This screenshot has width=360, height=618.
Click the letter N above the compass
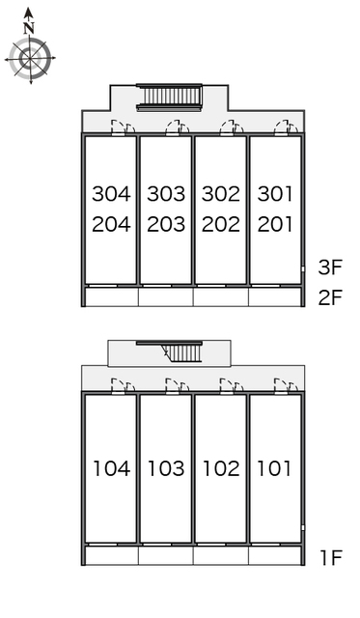click(x=28, y=28)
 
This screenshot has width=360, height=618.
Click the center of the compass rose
click(x=30, y=59)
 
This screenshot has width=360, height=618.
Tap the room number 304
click(x=111, y=194)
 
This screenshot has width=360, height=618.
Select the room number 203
click(x=166, y=224)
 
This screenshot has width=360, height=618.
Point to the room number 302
click(x=221, y=194)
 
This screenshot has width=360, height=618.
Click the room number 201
click(x=275, y=224)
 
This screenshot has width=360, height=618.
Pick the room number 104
click(x=111, y=468)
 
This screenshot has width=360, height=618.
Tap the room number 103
click(x=166, y=468)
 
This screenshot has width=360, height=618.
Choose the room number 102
click(x=221, y=468)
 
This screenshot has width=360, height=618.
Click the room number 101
click(x=274, y=468)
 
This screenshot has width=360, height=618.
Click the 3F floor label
click(x=330, y=267)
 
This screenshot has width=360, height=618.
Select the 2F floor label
click(x=330, y=297)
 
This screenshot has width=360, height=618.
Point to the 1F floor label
click(x=331, y=557)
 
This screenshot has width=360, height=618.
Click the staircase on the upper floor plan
click(x=169, y=98)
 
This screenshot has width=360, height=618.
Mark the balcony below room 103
click(x=166, y=556)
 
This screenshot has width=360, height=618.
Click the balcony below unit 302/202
click(x=221, y=297)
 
